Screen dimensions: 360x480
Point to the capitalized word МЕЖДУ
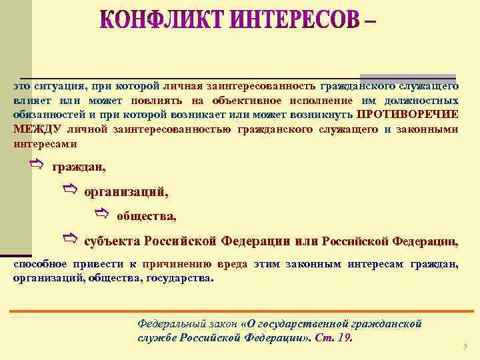pos(37,128)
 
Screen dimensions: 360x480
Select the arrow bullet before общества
pos(101,213)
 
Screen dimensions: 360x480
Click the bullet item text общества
pos(147,215)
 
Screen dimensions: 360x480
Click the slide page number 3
pos(464,346)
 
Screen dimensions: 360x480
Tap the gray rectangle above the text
pos(407,77)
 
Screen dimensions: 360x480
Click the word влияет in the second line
pos(30,100)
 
